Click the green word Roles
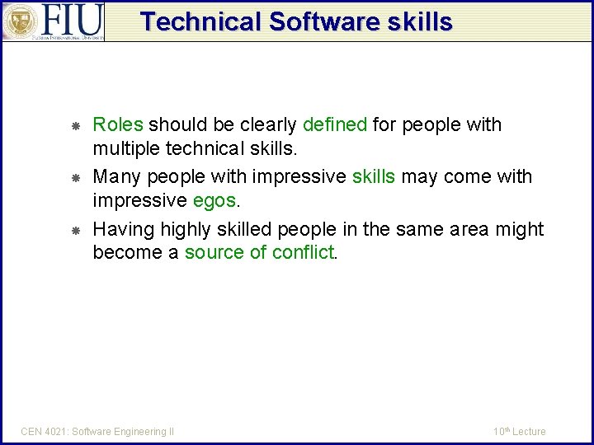pyautogui.click(x=118, y=125)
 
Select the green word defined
pyautogui.click(x=335, y=125)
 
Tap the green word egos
pyautogui.click(x=214, y=201)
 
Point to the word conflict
pyautogui.click(x=303, y=253)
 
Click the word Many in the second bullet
pyautogui.click(x=116, y=177)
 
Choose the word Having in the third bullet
pyautogui.click(x=120, y=229)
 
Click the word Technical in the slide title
pyautogui.click(x=200, y=21)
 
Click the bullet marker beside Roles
pyautogui.click(x=74, y=126)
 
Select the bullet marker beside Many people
pyautogui.click(x=74, y=178)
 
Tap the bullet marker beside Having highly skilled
pyautogui.click(x=74, y=230)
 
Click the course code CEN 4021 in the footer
pyautogui.click(x=44, y=431)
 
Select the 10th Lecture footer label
pyautogui.click(x=520, y=431)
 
